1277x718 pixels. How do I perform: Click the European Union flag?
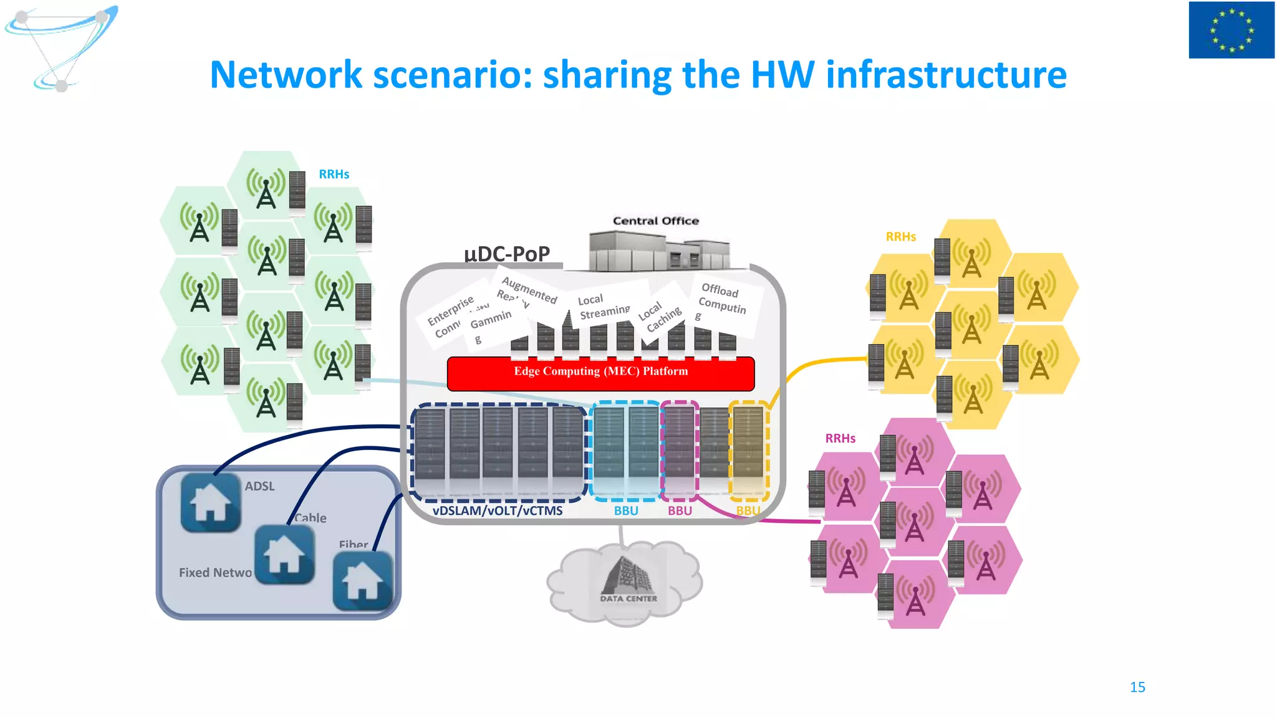[x=1231, y=30]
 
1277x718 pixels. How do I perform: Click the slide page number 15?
[x=1137, y=687]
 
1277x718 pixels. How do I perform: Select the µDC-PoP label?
[x=506, y=254]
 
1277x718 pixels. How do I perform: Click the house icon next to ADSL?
[x=210, y=502]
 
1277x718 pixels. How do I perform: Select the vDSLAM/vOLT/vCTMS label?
[x=497, y=510]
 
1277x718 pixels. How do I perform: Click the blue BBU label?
[x=625, y=510]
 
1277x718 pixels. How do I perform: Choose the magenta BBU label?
[x=680, y=510]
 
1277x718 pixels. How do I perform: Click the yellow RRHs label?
[x=900, y=237]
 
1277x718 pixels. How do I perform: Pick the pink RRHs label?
[x=840, y=438]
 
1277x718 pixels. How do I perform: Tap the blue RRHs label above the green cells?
[x=334, y=175]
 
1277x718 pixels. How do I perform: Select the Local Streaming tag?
[x=602, y=306]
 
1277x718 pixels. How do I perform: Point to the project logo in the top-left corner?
[x=60, y=47]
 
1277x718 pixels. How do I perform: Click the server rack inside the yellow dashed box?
[x=748, y=449]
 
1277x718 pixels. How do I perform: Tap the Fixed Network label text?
[x=215, y=572]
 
